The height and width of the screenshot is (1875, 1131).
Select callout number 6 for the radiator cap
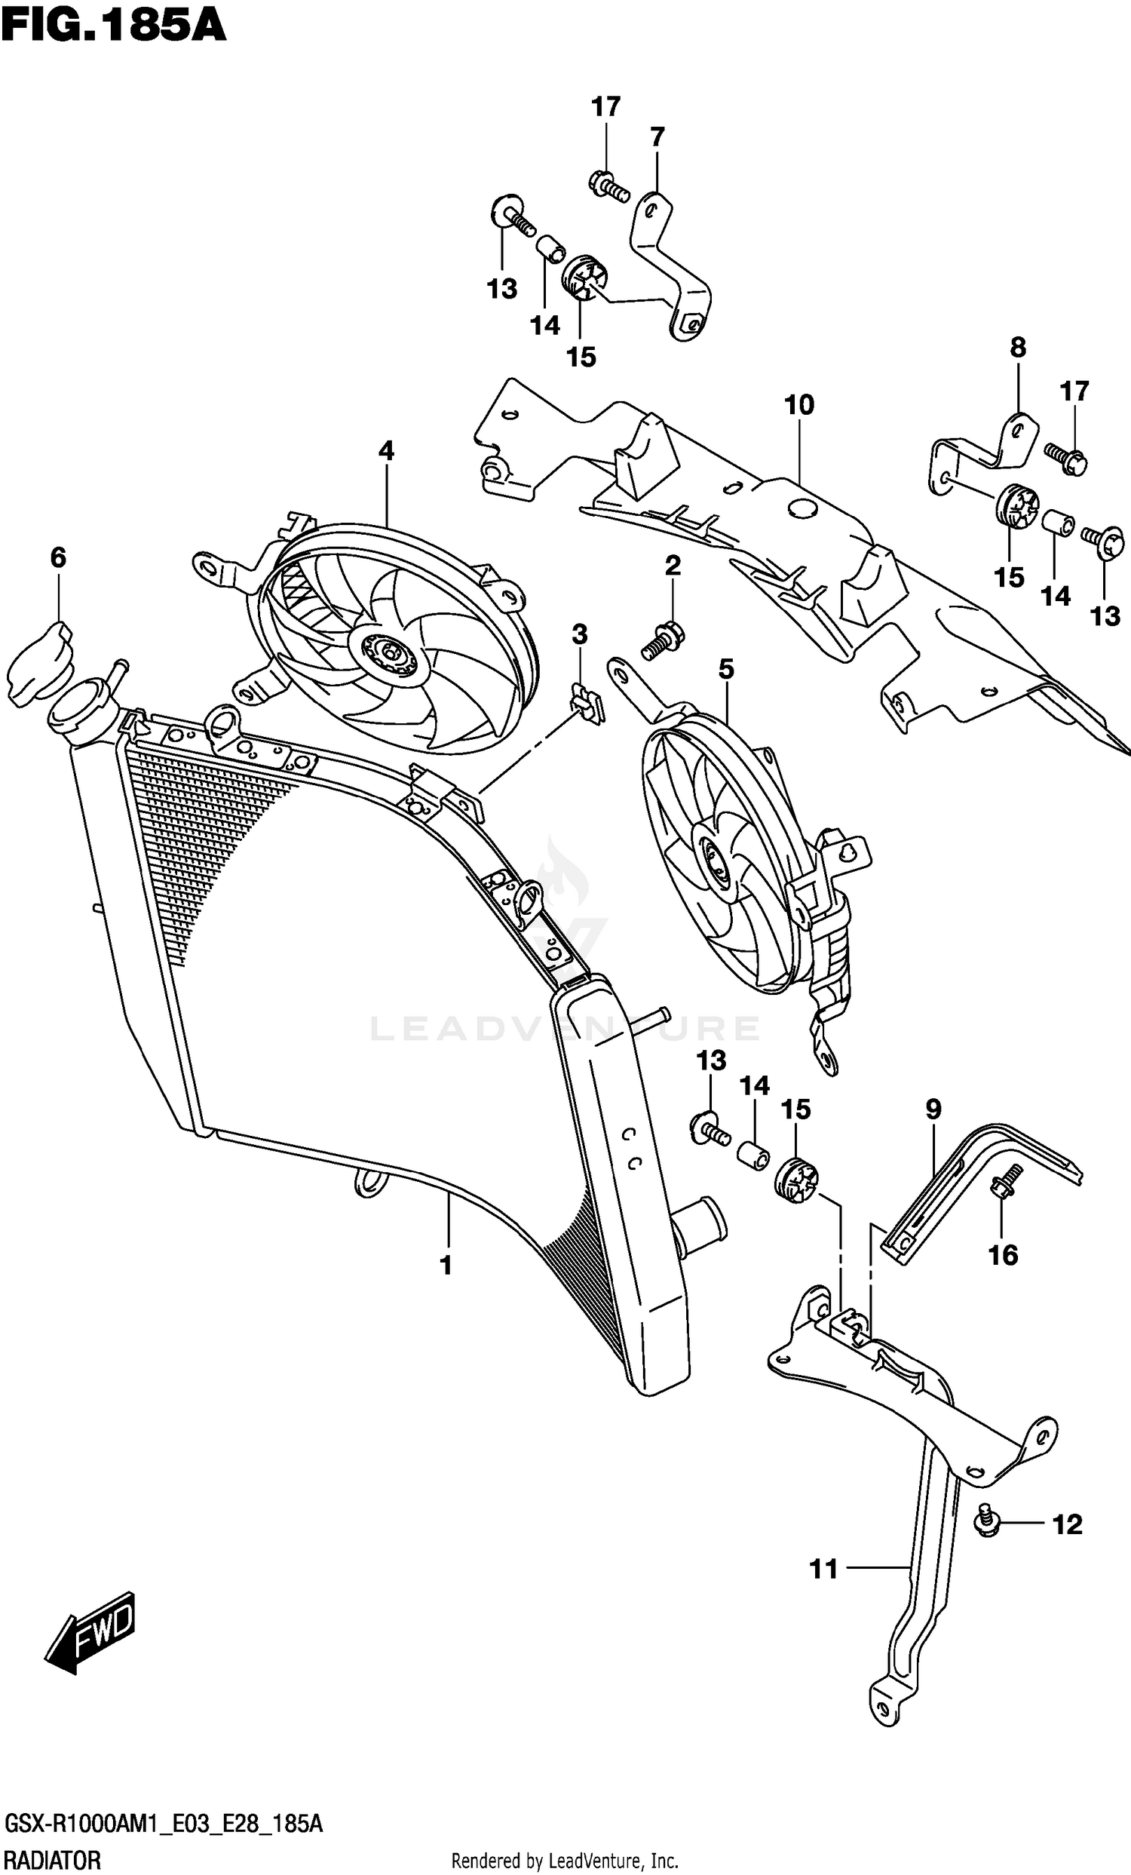59,557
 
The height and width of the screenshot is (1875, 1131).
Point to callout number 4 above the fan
386,450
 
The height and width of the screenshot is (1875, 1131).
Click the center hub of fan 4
389,654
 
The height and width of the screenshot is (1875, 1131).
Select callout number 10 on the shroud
799,405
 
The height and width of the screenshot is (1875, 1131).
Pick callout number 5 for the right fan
726,669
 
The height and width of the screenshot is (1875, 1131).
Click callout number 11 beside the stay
823,1568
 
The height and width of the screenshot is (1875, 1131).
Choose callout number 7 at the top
657,137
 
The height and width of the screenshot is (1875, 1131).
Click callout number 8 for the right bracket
1018,347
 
